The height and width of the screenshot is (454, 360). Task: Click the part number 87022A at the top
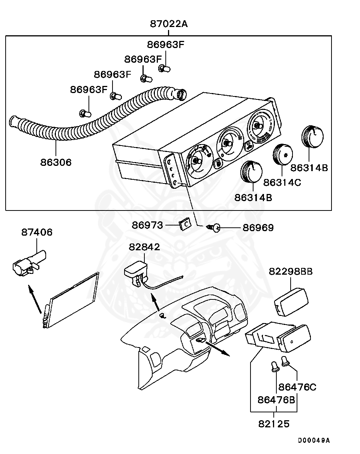[169, 24]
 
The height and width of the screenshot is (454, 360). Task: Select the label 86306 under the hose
[56, 162]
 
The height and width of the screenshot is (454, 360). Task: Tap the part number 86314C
[282, 182]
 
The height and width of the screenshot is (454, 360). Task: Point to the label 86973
[147, 225]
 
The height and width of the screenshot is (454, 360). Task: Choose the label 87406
[37, 232]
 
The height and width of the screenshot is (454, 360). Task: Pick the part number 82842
[144, 247]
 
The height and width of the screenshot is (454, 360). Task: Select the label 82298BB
[291, 271]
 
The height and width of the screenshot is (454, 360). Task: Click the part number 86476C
[297, 387]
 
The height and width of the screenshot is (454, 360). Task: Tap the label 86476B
[276, 400]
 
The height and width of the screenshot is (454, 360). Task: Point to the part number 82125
[274, 424]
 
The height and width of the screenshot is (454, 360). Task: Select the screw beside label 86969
[214, 228]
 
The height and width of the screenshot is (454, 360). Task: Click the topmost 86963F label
[165, 45]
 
